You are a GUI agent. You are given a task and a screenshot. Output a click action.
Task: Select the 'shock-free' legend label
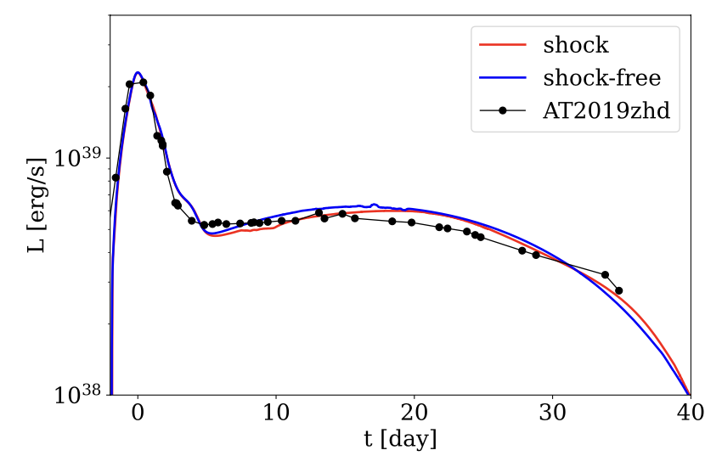point(601,78)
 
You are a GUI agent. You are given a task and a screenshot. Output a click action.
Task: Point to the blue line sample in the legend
point(503,79)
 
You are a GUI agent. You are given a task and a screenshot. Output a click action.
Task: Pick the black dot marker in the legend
point(503,112)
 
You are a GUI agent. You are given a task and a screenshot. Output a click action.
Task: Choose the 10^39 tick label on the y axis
point(77,158)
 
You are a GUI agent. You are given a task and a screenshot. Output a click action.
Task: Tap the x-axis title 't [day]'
point(399,441)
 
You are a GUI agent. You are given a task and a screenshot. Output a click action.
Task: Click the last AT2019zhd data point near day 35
point(618,290)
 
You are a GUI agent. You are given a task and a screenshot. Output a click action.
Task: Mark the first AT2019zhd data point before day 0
point(116,177)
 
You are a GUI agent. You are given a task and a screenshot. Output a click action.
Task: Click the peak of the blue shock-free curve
point(138,73)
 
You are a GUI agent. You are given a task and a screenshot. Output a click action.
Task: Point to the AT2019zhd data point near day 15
point(342,214)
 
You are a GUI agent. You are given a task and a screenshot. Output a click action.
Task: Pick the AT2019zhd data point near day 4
point(192,221)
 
